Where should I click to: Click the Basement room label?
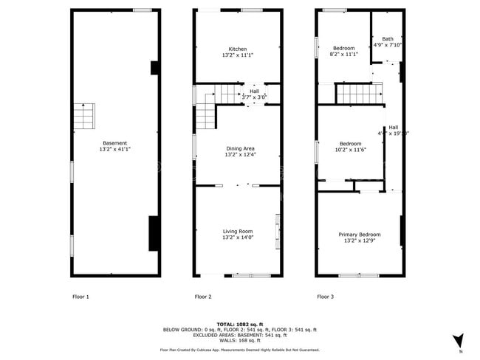(115, 143)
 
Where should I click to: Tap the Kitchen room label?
(237, 49)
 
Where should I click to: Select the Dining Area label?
(239, 149)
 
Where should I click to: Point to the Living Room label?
(237, 232)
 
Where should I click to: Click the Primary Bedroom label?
(360, 235)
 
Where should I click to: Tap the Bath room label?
(388, 38)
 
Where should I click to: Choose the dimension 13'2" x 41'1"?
(115, 149)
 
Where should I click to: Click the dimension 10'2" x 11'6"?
(350, 150)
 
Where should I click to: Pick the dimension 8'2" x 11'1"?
(344, 55)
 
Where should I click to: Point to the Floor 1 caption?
(80, 297)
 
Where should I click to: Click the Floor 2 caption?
(203, 297)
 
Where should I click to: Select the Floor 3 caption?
(326, 297)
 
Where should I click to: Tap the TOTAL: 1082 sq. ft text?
(239, 324)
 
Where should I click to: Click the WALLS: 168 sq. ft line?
(239, 341)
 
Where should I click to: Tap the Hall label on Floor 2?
(254, 91)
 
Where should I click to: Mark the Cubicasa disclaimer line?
(239, 350)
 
